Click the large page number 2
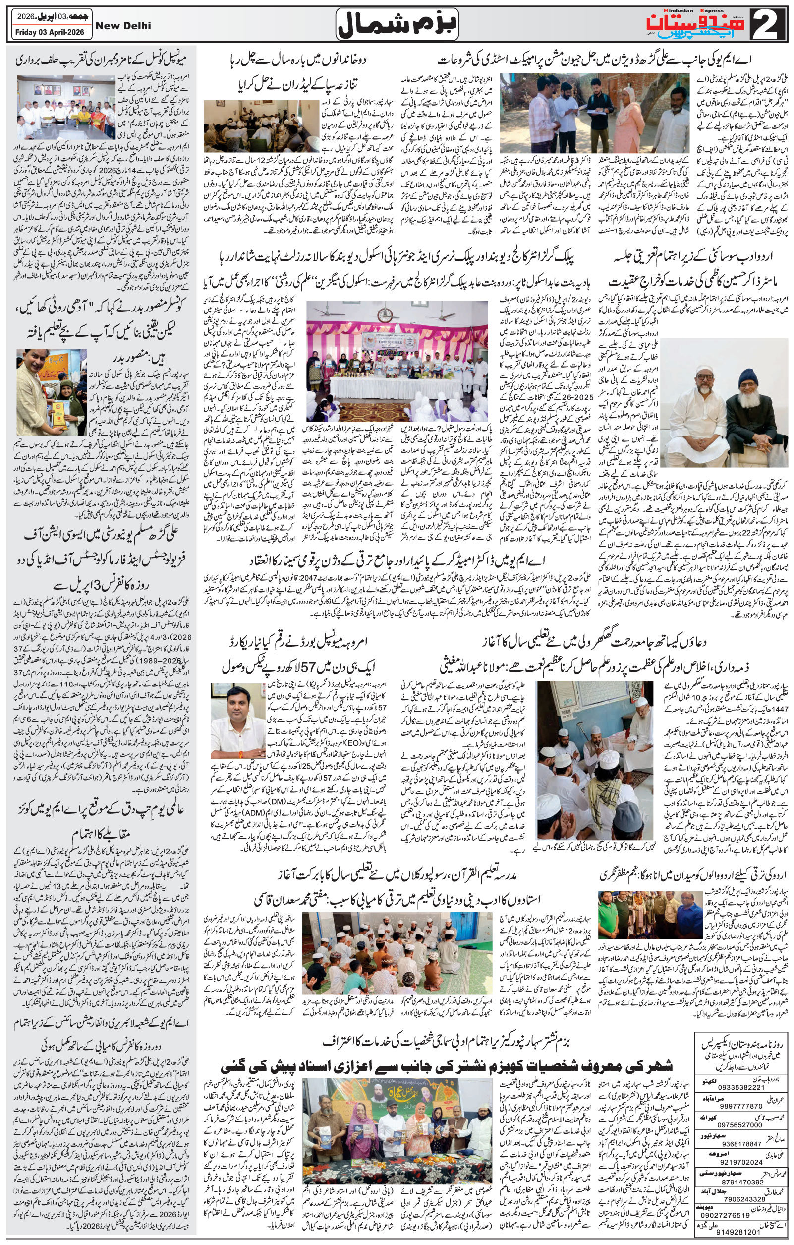765,24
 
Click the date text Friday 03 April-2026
50,32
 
